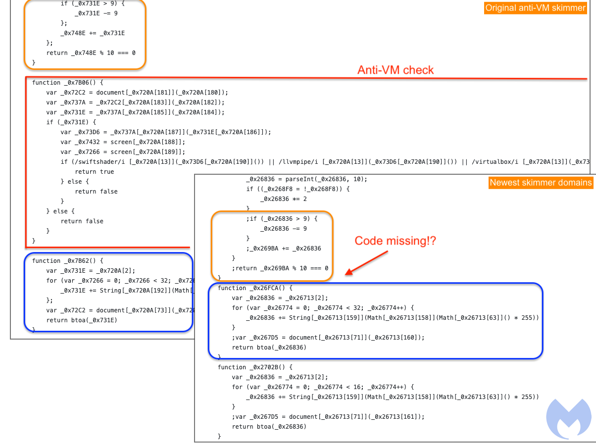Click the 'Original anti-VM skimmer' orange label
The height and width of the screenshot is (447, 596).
(x=535, y=8)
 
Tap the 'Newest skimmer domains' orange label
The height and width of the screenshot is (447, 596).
(x=541, y=183)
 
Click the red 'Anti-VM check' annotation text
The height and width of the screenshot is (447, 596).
(x=395, y=70)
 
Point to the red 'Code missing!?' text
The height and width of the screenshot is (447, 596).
(x=395, y=241)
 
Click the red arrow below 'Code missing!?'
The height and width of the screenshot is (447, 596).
(x=367, y=262)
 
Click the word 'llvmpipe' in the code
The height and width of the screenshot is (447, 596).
(x=298, y=162)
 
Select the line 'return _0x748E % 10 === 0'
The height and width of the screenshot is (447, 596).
(x=91, y=53)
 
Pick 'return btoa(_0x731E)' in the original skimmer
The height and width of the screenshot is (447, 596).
(x=82, y=320)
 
